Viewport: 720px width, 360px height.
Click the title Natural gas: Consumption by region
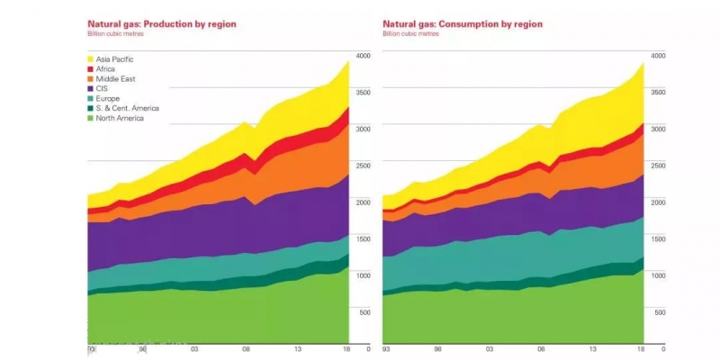coord(462,23)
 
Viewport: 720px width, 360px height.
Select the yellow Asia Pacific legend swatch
coord(91,58)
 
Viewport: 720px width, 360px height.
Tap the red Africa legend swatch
coord(91,68)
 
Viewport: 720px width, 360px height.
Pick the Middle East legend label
coord(118,78)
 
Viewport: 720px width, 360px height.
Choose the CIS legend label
coord(104,88)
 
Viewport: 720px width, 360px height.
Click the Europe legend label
coord(110,98)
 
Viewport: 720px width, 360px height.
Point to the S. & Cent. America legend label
coord(128,108)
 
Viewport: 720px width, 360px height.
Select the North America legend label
coord(122,118)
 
